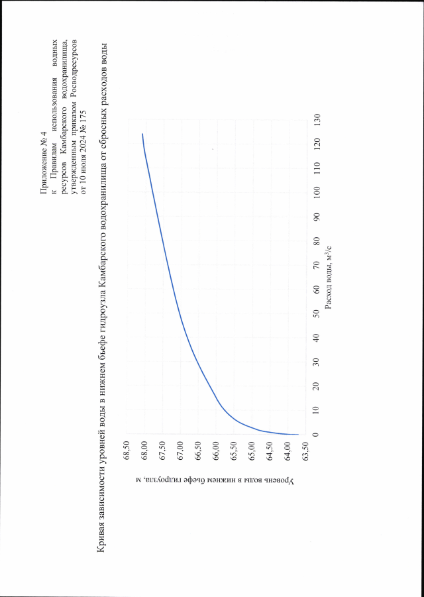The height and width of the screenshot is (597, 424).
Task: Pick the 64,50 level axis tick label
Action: pos(270,452)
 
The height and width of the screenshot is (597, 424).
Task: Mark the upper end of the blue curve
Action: pos(142,134)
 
